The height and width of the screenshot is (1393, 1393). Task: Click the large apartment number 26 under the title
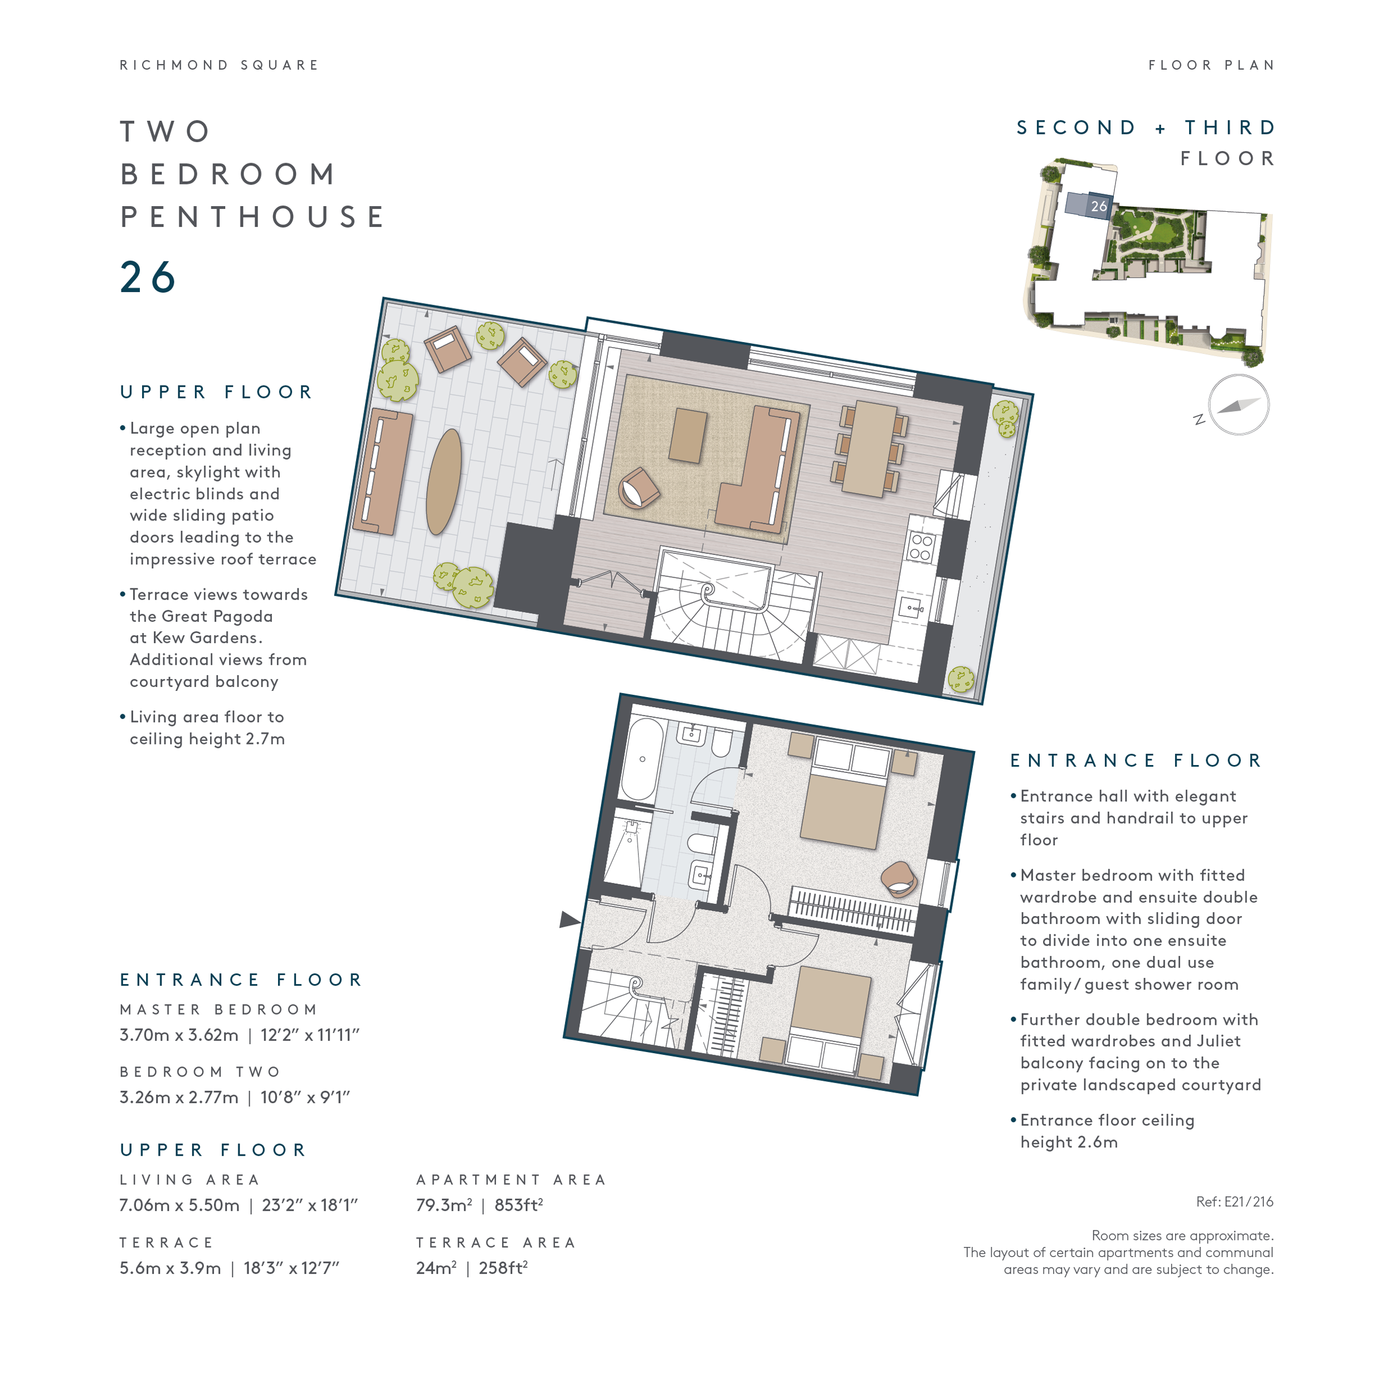pyautogui.click(x=148, y=277)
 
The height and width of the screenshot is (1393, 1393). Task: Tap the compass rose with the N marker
pyautogui.click(x=1238, y=405)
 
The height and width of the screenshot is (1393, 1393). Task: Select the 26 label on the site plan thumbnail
pyautogui.click(x=1098, y=206)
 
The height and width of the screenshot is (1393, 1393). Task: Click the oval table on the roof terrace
pyautogui.click(x=444, y=481)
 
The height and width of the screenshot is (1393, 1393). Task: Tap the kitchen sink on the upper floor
pyautogui.click(x=910, y=608)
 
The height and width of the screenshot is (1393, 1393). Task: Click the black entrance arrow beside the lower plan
pyautogui.click(x=569, y=919)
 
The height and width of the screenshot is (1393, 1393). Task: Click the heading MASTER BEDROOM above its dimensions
pyautogui.click(x=218, y=1010)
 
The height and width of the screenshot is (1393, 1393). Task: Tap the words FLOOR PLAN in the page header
pyautogui.click(x=1211, y=65)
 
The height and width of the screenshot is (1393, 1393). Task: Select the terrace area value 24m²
pyautogui.click(x=436, y=1268)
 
